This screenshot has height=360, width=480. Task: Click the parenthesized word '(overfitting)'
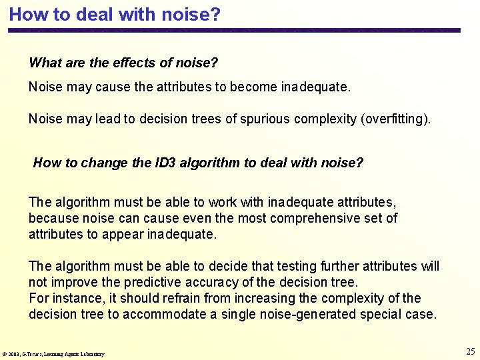coord(395,119)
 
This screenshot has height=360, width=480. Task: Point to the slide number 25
coord(470,351)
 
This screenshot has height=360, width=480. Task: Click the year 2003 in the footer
coord(15,354)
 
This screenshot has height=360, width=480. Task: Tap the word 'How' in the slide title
coord(25,14)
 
